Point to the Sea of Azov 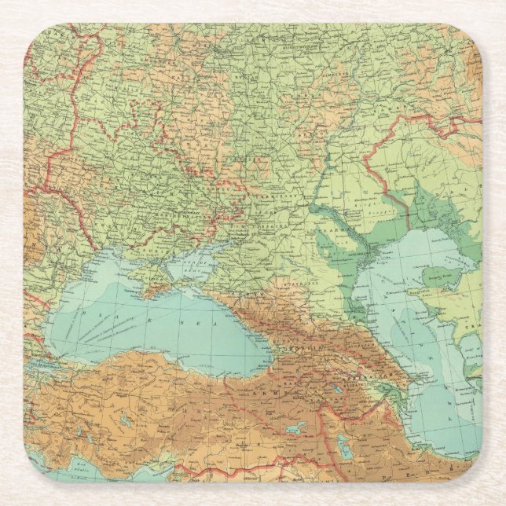(189, 263)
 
